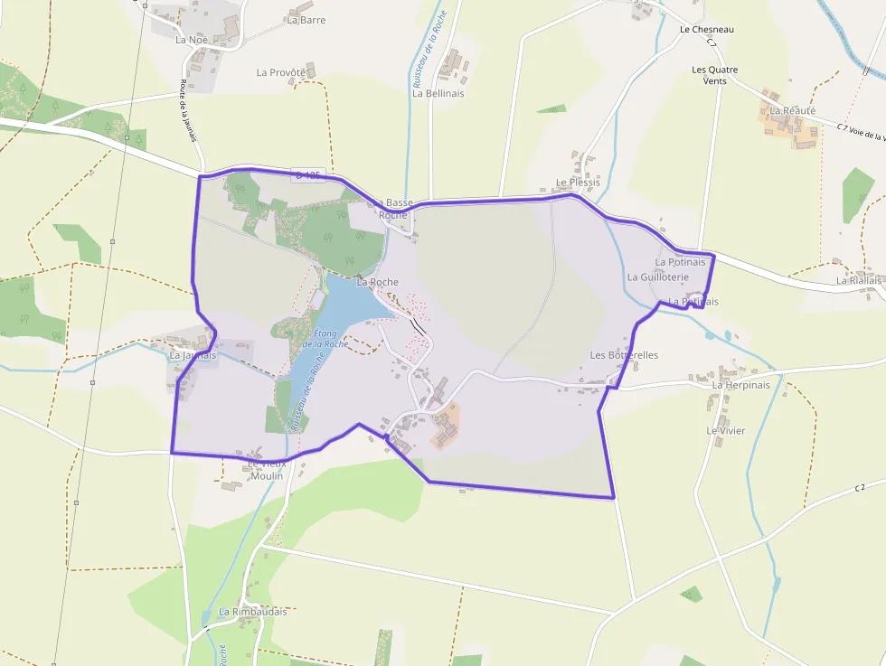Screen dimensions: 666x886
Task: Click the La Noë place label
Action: click(x=192, y=40)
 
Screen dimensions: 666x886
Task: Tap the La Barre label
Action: click(x=306, y=20)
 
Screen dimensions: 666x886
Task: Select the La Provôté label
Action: click(x=281, y=72)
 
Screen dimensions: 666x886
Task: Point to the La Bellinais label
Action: click(x=438, y=93)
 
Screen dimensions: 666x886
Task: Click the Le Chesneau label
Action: click(x=706, y=30)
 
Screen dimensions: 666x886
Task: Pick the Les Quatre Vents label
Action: click(x=714, y=75)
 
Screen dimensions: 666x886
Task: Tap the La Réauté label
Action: click(x=792, y=110)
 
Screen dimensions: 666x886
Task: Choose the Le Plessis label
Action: click(x=578, y=183)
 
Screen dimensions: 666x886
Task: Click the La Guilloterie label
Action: click(x=657, y=277)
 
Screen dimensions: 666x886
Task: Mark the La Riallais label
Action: click(x=858, y=281)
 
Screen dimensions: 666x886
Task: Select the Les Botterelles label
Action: click(x=624, y=355)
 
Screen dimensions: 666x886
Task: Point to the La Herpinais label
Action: click(x=740, y=385)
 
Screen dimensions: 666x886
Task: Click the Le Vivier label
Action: click(x=726, y=431)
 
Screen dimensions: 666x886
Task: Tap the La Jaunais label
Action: click(x=193, y=355)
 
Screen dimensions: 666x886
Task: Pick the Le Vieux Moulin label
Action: click(x=267, y=470)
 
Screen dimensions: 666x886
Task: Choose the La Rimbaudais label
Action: click(x=252, y=612)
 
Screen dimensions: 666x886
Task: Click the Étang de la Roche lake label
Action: click(x=325, y=338)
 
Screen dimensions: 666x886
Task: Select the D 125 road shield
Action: click(x=308, y=174)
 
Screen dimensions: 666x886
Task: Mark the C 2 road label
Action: click(x=860, y=488)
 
